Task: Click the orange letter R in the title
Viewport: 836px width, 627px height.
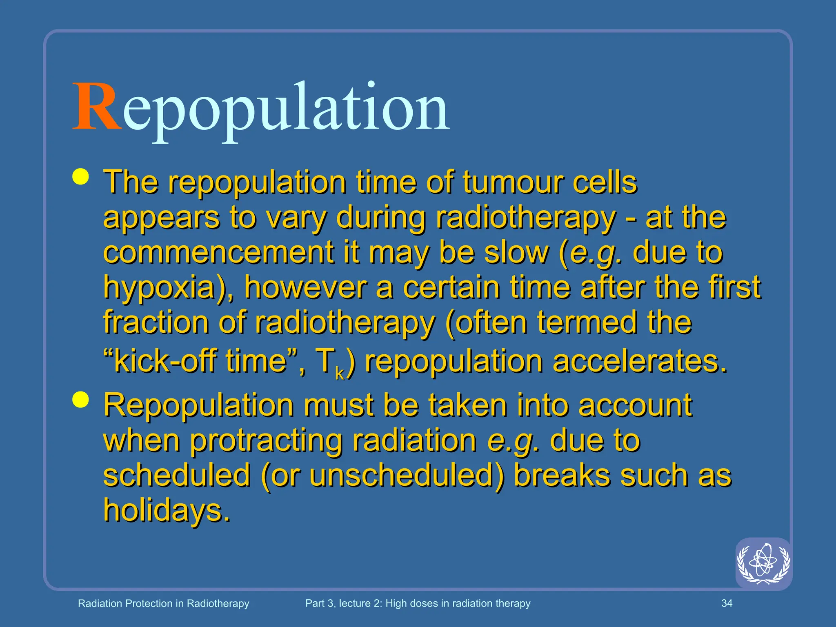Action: [96, 107]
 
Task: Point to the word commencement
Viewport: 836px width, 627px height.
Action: [218, 252]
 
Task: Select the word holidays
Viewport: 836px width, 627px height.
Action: [167, 510]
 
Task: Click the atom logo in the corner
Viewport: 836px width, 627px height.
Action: [763, 563]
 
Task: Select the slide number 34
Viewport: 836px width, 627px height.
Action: [727, 603]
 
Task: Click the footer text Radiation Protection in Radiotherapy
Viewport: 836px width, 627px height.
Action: [163, 603]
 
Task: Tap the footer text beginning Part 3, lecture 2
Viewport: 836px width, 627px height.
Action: [418, 603]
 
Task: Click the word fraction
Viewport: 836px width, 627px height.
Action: [156, 322]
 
